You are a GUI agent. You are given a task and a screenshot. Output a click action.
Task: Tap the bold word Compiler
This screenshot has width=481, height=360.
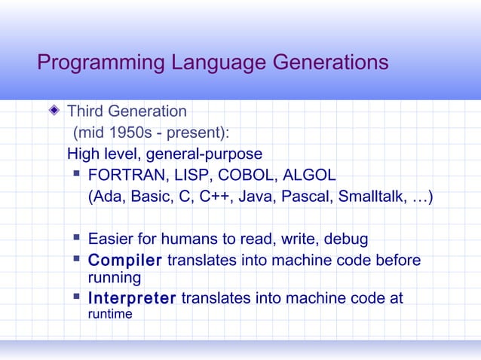[x=124, y=261]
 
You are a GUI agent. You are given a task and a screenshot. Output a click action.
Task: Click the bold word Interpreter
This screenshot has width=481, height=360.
[x=132, y=299]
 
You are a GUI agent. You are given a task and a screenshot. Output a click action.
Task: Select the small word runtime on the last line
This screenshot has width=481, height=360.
[x=110, y=314]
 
